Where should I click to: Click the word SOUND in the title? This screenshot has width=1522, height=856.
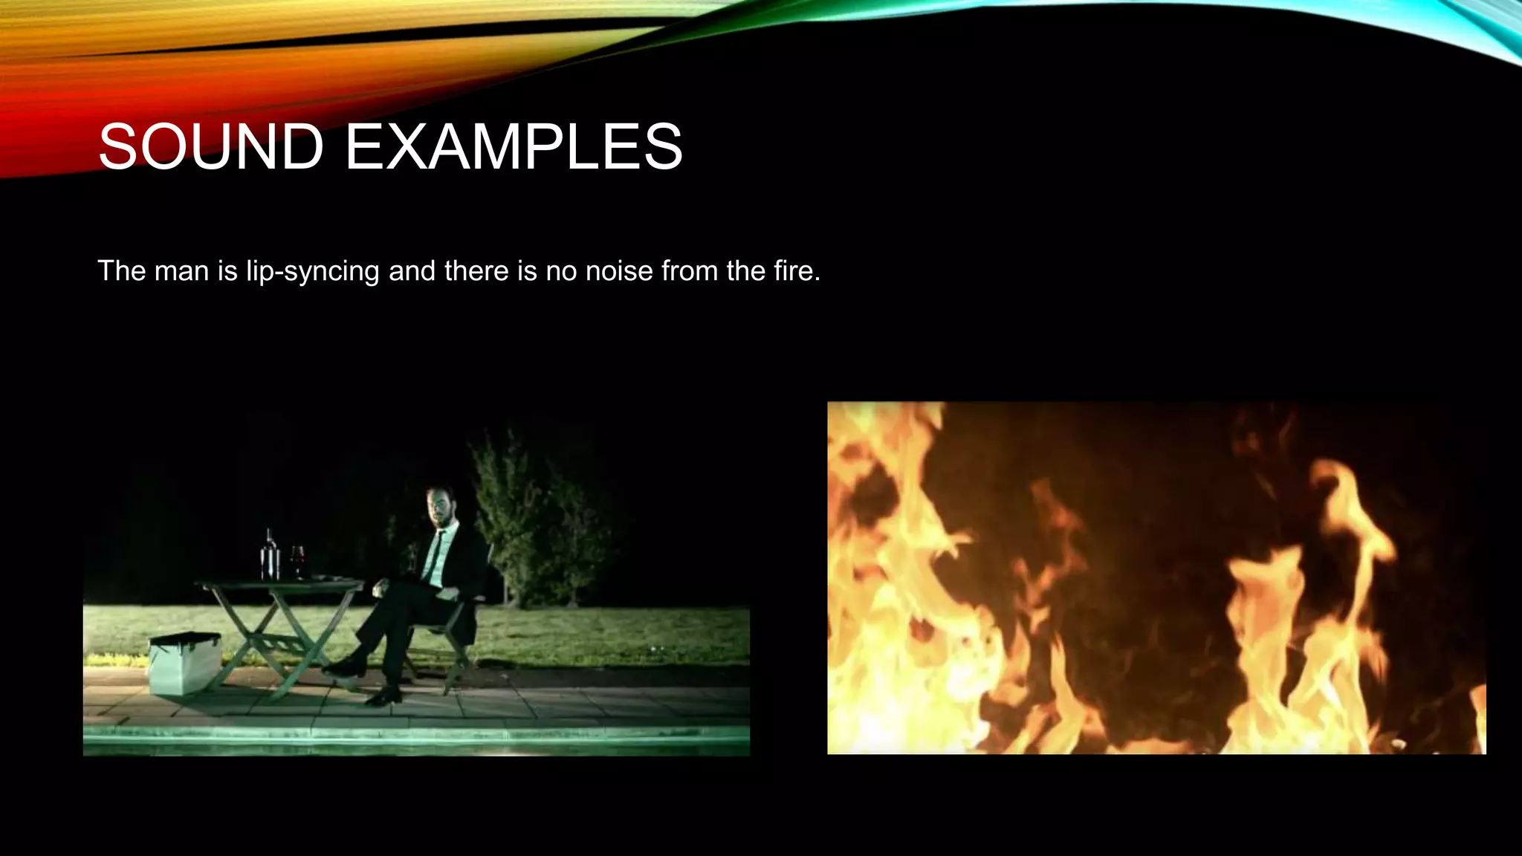point(211,146)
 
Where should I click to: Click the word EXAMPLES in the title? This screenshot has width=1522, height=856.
point(514,146)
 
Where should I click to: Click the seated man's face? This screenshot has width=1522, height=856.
point(438,507)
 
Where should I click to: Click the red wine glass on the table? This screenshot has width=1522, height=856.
point(297,560)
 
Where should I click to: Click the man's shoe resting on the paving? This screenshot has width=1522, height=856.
point(383,696)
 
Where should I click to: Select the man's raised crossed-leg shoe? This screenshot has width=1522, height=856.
point(343,667)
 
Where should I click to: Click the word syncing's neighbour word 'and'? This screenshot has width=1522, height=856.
point(412,270)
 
